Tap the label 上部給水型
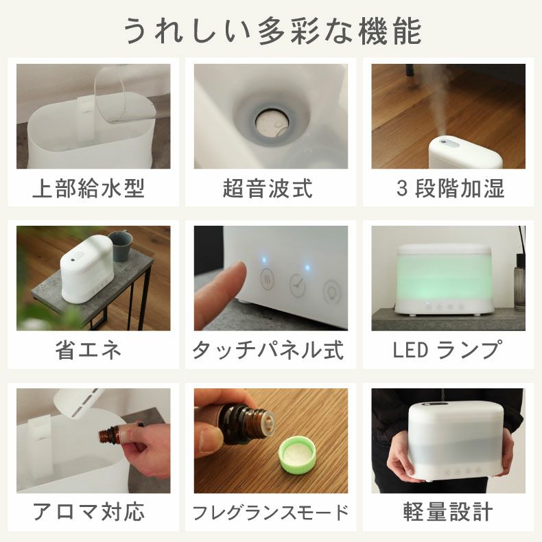[89, 189]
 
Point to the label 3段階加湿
[451, 189]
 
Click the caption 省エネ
[89, 351]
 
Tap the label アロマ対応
[89, 512]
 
